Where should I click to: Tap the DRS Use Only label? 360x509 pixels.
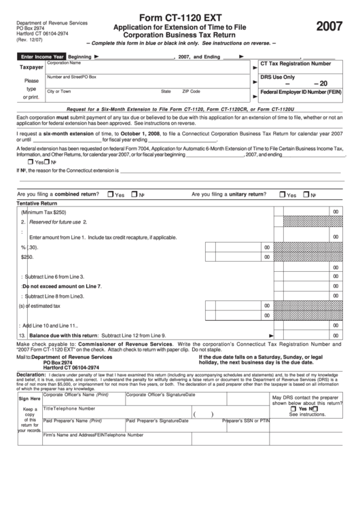tap(278, 77)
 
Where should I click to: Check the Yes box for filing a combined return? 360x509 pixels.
tap(111, 194)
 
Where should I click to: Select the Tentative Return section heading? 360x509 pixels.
tap(37, 203)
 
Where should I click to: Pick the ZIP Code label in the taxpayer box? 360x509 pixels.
tap(191, 91)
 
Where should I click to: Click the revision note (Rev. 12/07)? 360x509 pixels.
tap(28, 41)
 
